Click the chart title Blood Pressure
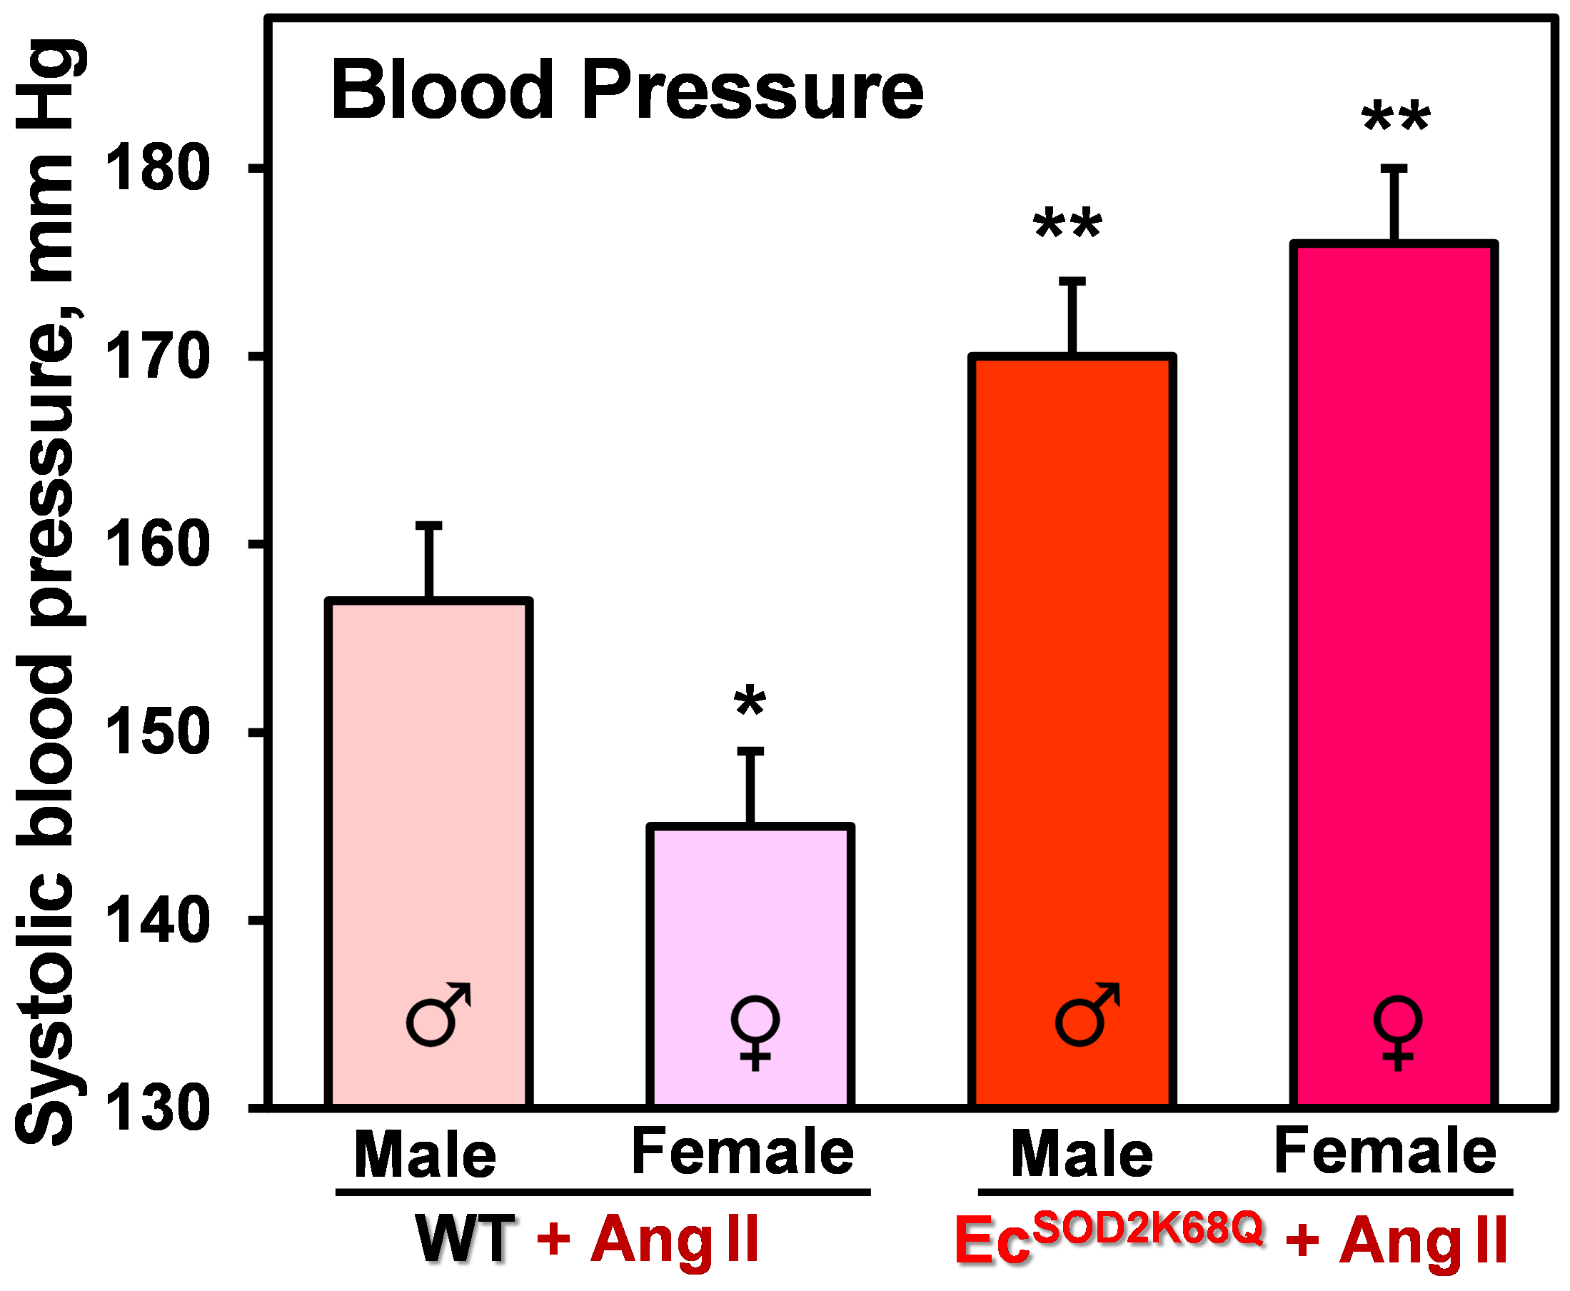pos(627,91)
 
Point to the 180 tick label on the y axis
pos(157,169)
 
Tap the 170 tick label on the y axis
pos(157,358)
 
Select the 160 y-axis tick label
pos(157,545)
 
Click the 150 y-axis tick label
pos(157,733)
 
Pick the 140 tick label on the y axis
pos(157,920)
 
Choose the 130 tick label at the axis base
pos(157,1109)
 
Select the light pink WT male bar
pos(429,818)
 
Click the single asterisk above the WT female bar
pos(750,701)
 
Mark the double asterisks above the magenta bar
pos(1395,117)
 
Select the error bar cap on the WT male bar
pos(429,526)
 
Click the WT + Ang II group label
pos(588,1239)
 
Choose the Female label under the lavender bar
pos(743,1152)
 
